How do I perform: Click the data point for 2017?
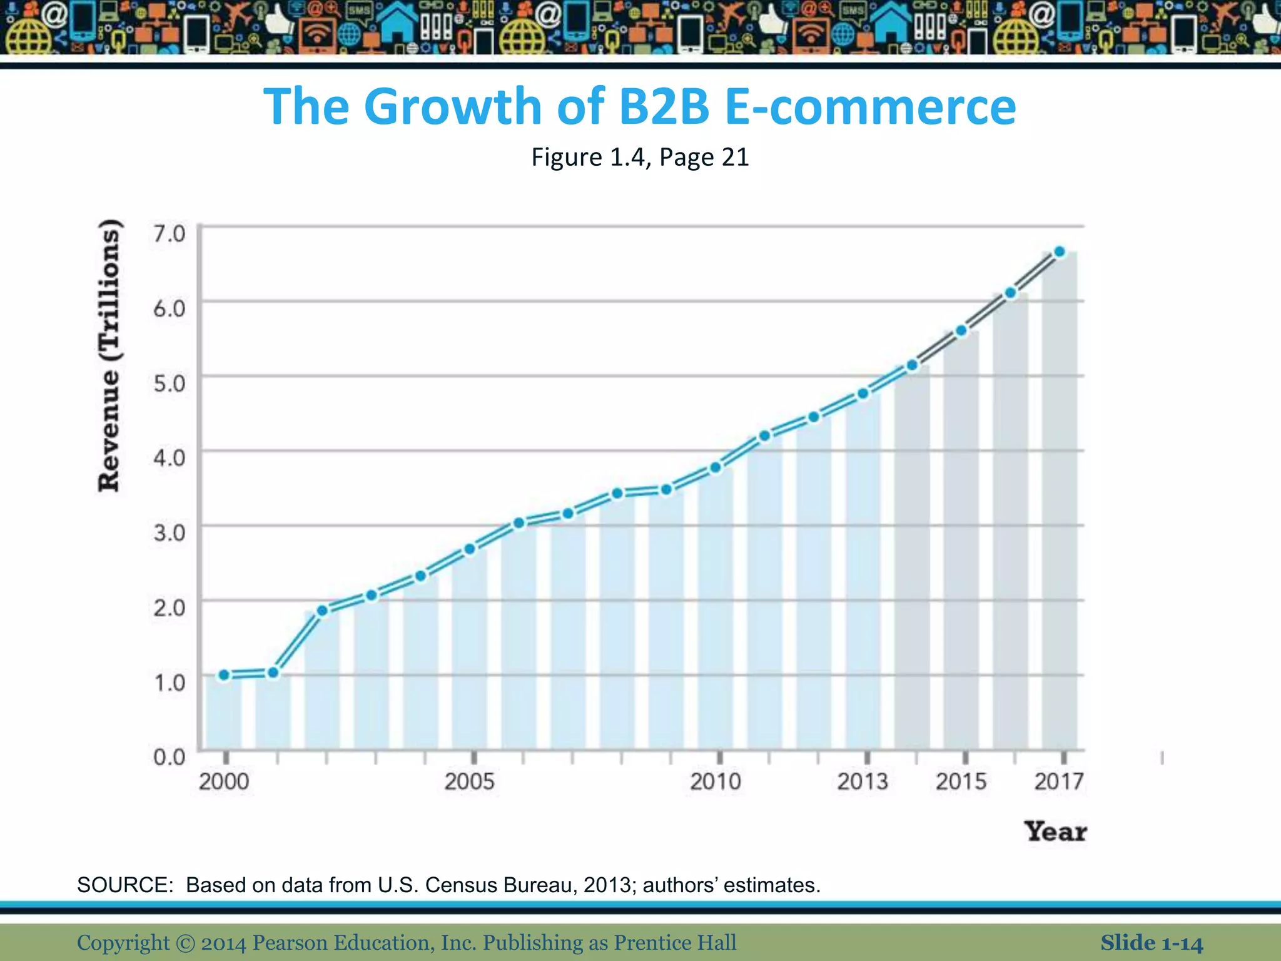(x=1060, y=252)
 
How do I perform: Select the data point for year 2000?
(x=224, y=675)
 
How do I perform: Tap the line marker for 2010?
(x=716, y=467)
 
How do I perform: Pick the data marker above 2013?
(x=863, y=394)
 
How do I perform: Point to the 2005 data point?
(x=470, y=549)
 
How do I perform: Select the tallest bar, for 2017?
(x=1060, y=501)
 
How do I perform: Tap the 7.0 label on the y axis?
(x=170, y=233)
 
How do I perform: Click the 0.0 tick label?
(x=170, y=757)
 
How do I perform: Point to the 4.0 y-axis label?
(x=170, y=457)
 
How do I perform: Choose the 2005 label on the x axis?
(x=469, y=781)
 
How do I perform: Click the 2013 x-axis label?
(x=863, y=781)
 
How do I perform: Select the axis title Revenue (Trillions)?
(x=109, y=355)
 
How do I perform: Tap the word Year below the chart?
(x=1056, y=831)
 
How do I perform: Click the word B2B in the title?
(x=664, y=106)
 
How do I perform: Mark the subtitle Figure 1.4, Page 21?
(x=640, y=157)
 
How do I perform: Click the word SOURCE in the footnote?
(x=124, y=885)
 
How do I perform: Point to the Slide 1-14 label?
(x=1152, y=943)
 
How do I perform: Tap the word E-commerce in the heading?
(x=870, y=106)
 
